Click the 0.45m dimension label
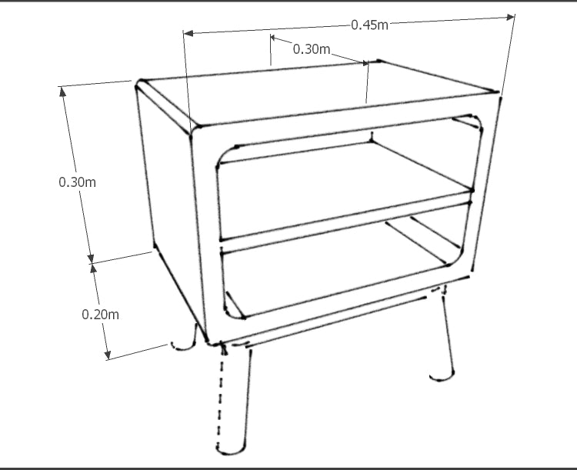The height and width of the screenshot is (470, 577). coord(369,25)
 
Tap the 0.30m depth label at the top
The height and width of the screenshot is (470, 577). coord(312,49)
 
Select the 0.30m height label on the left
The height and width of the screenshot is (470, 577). coord(77,182)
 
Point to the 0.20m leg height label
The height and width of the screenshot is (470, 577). coord(101,315)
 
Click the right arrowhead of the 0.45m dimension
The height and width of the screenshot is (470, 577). coord(511,17)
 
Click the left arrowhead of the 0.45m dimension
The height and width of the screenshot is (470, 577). coord(188,34)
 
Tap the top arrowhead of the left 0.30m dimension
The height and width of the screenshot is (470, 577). coord(63,92)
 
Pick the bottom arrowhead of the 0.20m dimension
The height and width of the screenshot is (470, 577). coord(107,355)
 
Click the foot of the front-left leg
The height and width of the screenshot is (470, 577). coord(230,449)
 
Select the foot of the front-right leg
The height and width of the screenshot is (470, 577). coord(442,377)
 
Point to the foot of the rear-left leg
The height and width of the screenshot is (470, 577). coord(182,346)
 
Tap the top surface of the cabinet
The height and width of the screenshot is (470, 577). coord(316,94)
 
